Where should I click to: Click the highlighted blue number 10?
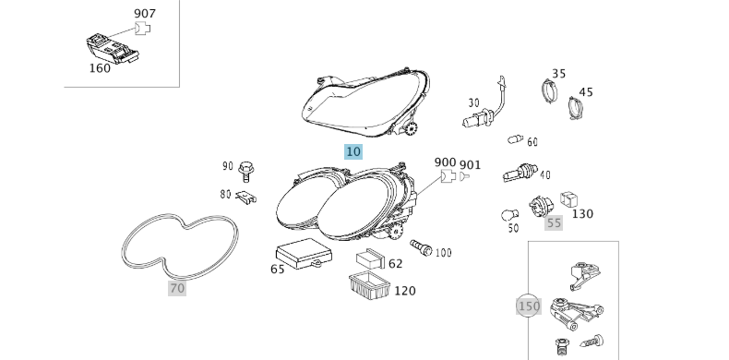(x=353, y=151)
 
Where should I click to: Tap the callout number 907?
(x=145, y=14)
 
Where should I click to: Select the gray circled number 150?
(x=529, y=306)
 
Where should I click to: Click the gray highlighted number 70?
(x=177, y=288)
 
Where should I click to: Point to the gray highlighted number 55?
(x=554, y=222)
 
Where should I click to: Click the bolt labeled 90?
(x=245, y=172)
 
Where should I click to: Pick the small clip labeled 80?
(x=246, y=198)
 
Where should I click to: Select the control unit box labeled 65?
(x=304, y=254)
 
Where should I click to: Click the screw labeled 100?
(x=421, y=247)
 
